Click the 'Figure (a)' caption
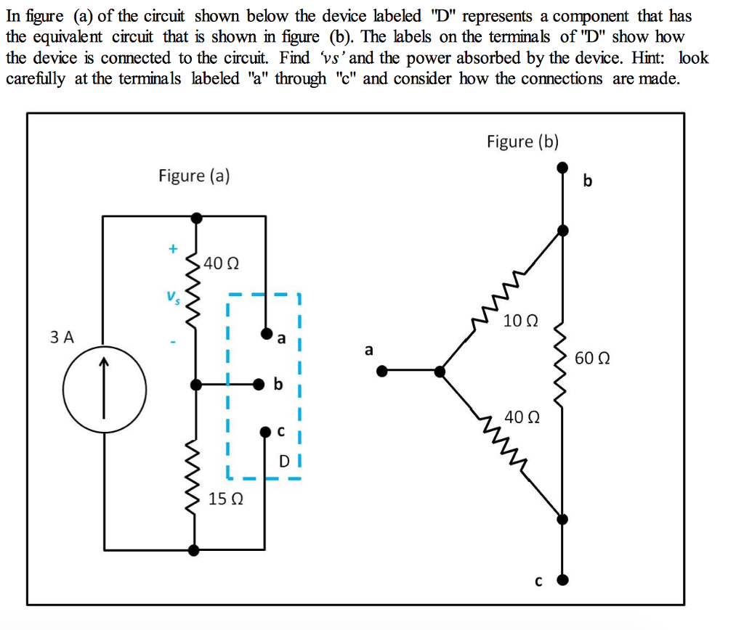point(194,176)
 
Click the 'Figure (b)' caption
point(522,141)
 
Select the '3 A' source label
point(62,337)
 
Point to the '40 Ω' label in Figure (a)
point(220,263)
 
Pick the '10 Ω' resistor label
point(521,320)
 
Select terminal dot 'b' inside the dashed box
point(257,384)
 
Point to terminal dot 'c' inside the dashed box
point(265,433)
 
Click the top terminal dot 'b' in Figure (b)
point(562,168)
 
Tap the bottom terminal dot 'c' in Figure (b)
point(562,580)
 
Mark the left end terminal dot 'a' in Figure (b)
point(383,371)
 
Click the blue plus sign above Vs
point(173,248)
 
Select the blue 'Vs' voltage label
point(172,297)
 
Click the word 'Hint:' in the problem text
point(651,57)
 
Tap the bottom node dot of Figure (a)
point(193,550)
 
